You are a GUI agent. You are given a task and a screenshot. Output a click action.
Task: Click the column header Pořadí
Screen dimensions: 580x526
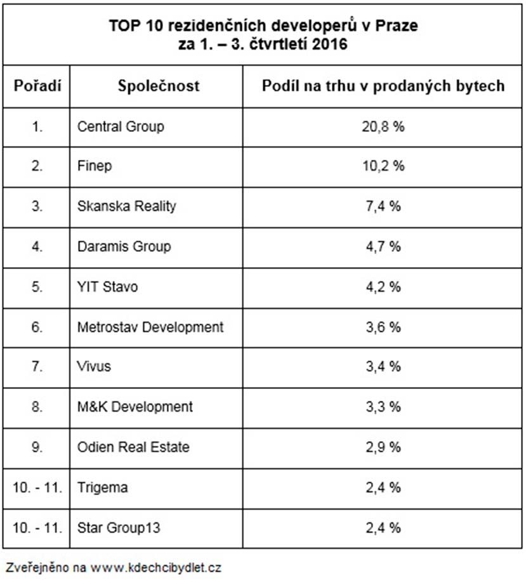coord(37,86)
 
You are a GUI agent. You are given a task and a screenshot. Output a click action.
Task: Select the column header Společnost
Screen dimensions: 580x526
coord(159,86)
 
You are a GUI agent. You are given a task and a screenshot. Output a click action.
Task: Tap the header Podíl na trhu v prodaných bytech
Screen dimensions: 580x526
coord(383,86)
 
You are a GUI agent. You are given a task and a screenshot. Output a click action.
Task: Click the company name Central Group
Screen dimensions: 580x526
coord(121,126)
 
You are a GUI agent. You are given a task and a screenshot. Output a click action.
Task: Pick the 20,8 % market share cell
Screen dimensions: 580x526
coord(383,126)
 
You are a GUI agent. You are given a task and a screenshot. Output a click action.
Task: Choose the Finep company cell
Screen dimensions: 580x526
coord(95,166)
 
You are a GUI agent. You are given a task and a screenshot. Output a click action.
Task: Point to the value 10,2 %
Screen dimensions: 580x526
coord(383,166)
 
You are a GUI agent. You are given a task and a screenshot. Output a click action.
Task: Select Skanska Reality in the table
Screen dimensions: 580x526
coord(127,206)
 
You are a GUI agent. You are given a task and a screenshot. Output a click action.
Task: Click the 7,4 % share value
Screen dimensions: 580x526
coord(383,206)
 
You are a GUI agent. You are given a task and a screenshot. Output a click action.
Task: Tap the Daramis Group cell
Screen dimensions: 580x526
coord(124,246)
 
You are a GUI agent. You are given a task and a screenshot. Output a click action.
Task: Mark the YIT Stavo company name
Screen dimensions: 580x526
coord(107,287)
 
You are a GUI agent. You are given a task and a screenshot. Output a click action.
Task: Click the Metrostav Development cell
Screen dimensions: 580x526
coord(150,327)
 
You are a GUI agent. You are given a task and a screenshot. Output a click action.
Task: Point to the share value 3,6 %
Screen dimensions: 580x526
coord(383,327)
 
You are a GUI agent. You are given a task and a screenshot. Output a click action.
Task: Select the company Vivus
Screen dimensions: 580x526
coord(94,367)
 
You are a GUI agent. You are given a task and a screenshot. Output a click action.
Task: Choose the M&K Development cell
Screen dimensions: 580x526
coord(135,407)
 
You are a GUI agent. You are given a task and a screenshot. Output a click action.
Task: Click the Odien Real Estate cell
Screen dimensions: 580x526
coord(133,447)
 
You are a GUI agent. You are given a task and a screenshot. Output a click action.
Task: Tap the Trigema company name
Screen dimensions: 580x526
coord(102,487)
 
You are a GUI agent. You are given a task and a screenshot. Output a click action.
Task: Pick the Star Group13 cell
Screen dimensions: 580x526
coord(115,527)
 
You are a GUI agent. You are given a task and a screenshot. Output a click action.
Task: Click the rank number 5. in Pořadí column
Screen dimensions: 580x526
coord(37,287)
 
